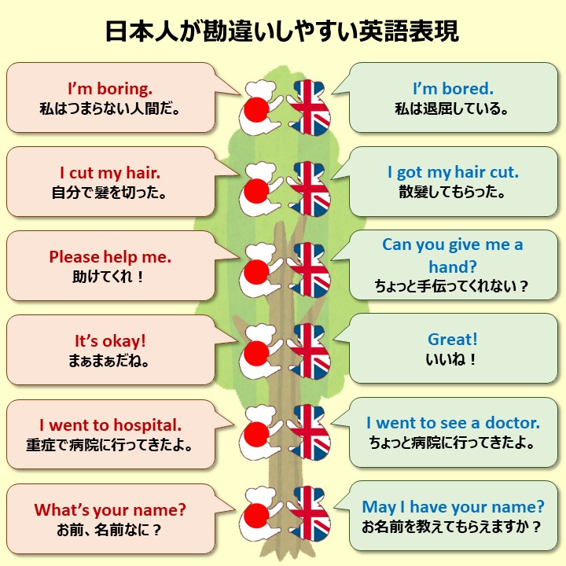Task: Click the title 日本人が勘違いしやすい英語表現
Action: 282,31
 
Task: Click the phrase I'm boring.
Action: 110,88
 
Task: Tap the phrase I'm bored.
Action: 452,88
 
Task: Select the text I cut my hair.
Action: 110,172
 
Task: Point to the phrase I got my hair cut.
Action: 453,172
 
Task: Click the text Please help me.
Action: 110,257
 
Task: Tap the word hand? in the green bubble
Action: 452,266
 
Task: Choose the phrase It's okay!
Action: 110,341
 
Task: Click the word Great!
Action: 452,340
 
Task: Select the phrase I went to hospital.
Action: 110,424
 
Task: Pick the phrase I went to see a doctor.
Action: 453,423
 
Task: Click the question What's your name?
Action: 110,509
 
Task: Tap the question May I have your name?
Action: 453,507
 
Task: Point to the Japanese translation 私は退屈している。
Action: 452,108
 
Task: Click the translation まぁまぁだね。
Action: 110,362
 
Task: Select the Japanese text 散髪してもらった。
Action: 452,193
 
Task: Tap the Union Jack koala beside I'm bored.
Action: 310,106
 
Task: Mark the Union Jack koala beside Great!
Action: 310,352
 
